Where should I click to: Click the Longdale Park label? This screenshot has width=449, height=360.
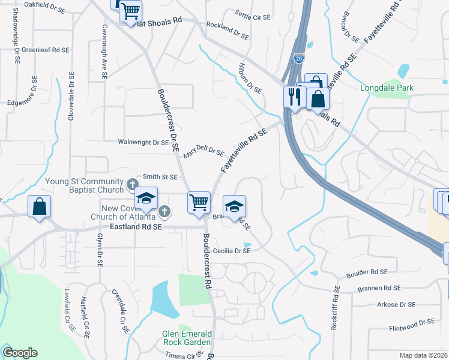[387, 88]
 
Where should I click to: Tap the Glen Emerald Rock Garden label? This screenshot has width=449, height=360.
[186, 338]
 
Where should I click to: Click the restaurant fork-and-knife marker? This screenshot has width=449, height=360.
[294, 97]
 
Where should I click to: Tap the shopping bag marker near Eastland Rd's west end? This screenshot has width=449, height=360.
[39, 207]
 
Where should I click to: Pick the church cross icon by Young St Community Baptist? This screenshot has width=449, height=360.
[134, 183]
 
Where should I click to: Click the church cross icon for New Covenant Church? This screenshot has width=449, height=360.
[165, 211]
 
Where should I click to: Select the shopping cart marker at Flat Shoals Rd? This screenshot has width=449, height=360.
[130, 11]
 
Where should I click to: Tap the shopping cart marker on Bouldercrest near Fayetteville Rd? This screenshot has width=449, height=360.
[199, 202]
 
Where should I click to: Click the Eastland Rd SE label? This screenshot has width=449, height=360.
[136, 227]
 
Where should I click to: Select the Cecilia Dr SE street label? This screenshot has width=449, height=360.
[231, 251]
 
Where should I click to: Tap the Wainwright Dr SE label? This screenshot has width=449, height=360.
[143, 143]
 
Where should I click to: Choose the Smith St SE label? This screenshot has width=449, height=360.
[160, 177]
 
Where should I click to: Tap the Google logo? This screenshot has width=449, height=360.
[20, 353]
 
